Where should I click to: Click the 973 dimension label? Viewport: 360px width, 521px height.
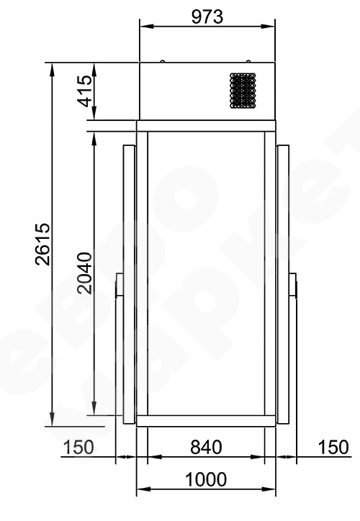(x=207, y=17)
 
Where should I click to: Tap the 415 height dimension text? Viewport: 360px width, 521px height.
(x=85, y=91)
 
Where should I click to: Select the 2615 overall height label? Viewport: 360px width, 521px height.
(x=43, y=244)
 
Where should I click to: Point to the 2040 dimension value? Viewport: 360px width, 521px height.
(x=84, y=273)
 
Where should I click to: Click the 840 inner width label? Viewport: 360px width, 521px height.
(x=206, y=447)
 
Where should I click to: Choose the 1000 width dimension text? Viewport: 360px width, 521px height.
(x=206, y=479)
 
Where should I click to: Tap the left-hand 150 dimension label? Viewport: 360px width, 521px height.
(x=78, y=447)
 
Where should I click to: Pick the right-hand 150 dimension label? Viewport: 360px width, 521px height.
(x=333, y=447)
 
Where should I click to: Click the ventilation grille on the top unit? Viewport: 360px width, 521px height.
(x=243, y=91)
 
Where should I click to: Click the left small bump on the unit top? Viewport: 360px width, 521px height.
(x=163, y=61)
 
